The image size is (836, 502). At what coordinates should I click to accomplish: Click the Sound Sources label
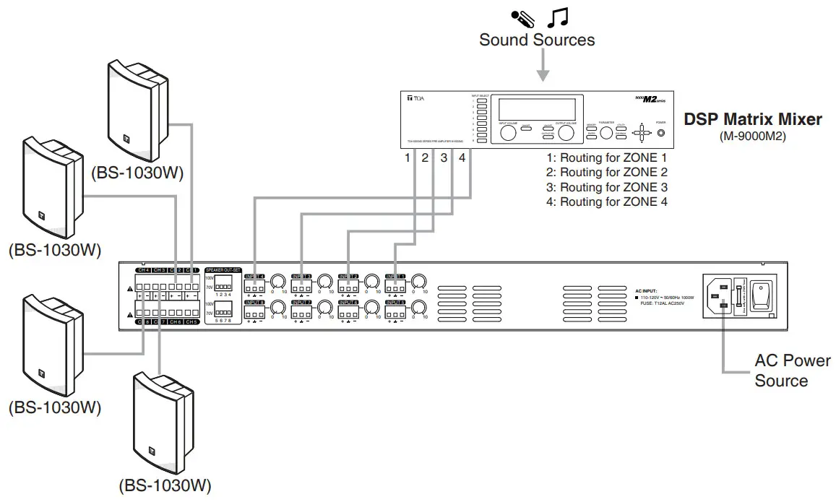(x=537, y=40)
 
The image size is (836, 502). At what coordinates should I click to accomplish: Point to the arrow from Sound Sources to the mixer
(x=543, y=69)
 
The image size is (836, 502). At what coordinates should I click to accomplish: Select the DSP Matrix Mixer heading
(x=752, y=119)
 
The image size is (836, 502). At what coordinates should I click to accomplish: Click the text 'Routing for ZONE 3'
(x=607, y=187)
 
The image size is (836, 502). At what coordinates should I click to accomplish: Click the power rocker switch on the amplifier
(x=761, y=295)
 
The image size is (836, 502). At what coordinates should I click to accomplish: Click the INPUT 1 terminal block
(x=395, y=287)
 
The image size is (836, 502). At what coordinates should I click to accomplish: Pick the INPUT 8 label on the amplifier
(x=254, y=303)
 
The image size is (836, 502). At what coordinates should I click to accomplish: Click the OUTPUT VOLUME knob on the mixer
(x=566, y=134)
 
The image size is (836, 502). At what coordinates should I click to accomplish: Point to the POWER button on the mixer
(x=660, y=133)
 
